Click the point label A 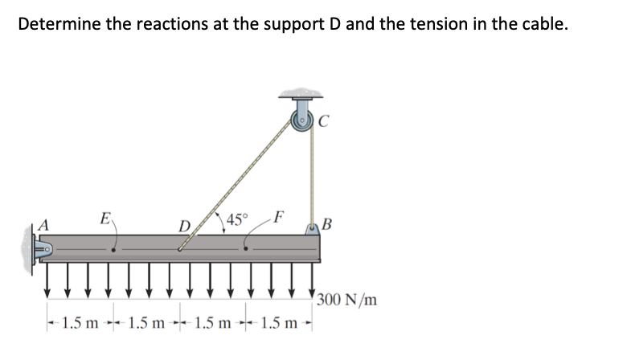click(x=36, y=226)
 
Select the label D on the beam click(x=184, y=227)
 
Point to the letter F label click(x=278, y=216)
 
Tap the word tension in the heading click(x=449, y=23)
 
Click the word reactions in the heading click(x=161, y=23)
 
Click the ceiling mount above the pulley click(x=304, y=95)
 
